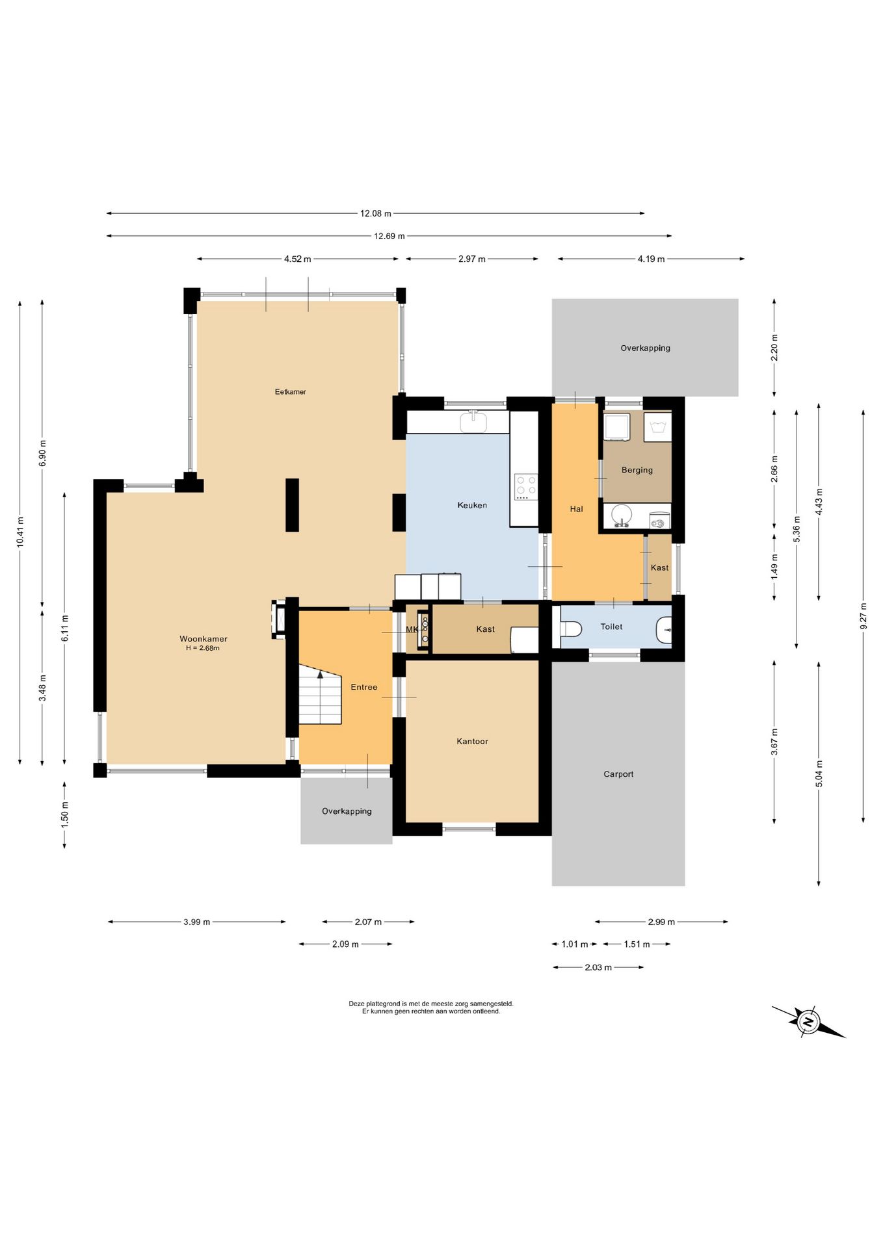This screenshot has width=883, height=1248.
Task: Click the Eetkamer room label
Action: (x=290, y=392)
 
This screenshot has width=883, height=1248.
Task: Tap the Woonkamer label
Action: (x=204, y=639)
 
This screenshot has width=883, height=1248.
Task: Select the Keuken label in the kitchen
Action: (x=472, y=505)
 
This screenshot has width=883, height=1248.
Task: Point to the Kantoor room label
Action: (x=472, y=741)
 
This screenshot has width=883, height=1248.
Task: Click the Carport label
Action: (x=618, y=774)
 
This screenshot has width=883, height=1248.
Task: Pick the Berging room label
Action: (x=637, y=470)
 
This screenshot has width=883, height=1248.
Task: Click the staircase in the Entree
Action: (x=320, y=694)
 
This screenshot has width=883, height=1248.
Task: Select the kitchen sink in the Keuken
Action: (x=474, y=422)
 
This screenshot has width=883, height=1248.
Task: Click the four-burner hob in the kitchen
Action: (x=526, y=486)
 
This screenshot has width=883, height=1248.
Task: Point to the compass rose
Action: (x=808, y=1021)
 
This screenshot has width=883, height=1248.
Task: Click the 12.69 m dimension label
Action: (x=389, y=236)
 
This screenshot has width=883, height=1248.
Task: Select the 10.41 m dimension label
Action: (x=20, y=532)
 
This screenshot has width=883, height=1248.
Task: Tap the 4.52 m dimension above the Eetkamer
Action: (x=297, y=259)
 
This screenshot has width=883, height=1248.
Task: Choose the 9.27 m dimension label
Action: (x=863, y=616)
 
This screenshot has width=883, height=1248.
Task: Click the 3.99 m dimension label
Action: (x=196, y=922)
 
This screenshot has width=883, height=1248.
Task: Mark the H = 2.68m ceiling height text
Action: (x=203, y=648)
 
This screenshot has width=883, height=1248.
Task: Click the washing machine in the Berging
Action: (x=616, y=426)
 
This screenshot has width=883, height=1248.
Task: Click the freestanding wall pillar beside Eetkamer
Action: (x=292, y=505)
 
